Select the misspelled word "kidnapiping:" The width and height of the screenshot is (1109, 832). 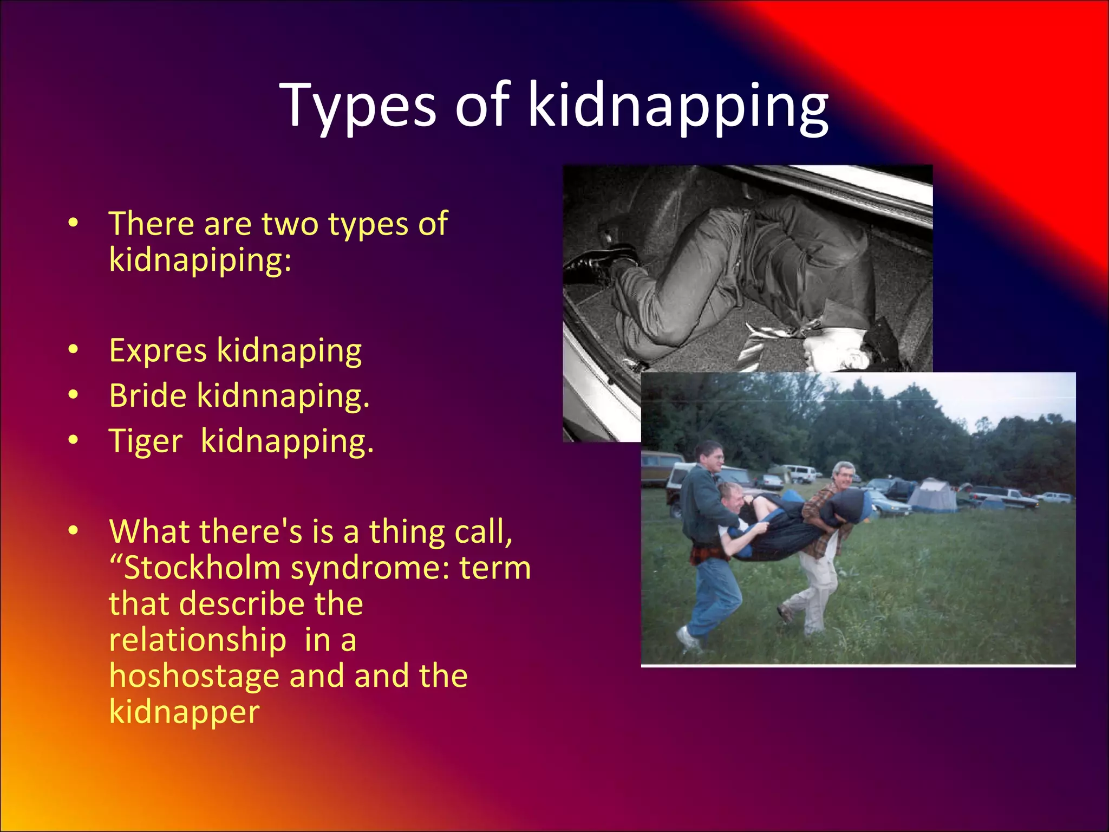pyautogui.click(x=200, y=259)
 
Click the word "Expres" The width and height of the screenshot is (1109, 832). pyautogui.click(x=158, y=350)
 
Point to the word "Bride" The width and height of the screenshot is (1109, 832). pyautogui.click(x=148, y=395)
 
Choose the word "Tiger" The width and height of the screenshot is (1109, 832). pyautogui.click(x=146, y=441)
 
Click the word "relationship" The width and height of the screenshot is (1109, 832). pyautogui.click(x=198, y=640)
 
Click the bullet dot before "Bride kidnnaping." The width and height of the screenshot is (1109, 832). pyautogui.click(x=74, y=395)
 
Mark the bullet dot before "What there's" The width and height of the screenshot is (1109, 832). pyautogui.click(x=74, y=531)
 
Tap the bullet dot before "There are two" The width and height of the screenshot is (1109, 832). pyautogui.click(x=74, y=223)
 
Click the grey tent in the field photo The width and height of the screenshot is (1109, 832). pyautogui.click(x=932, y=496)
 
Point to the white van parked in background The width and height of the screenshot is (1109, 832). pyautogui.click(x=799, y=472)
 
